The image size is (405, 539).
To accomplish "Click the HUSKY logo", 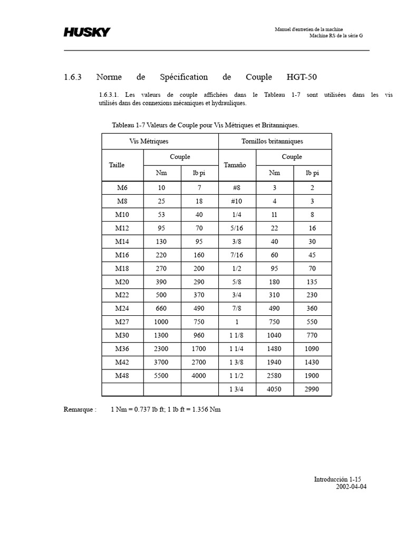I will point(87,32).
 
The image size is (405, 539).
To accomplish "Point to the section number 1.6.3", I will point(73,77).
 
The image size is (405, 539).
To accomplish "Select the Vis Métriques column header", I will point(149,141).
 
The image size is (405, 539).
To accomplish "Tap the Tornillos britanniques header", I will point(272,141).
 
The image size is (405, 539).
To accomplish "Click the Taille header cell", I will point(117,165).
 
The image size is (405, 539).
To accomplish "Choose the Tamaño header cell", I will point(235,165).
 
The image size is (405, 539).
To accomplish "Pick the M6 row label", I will point(122,187).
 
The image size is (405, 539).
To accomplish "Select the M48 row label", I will point(122,376).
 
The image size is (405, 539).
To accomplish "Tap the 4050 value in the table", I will point(274,390).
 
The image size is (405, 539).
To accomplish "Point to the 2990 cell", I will point(312,390).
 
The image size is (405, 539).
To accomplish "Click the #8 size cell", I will point(236,187).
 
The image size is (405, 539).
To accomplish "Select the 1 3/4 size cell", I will point(236,390).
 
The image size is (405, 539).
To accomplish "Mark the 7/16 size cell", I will point(236,255).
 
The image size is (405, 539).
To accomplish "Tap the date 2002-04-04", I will point(351,486).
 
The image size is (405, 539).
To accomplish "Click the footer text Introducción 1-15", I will point(337,479).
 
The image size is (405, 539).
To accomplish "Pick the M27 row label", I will point(122,322).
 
